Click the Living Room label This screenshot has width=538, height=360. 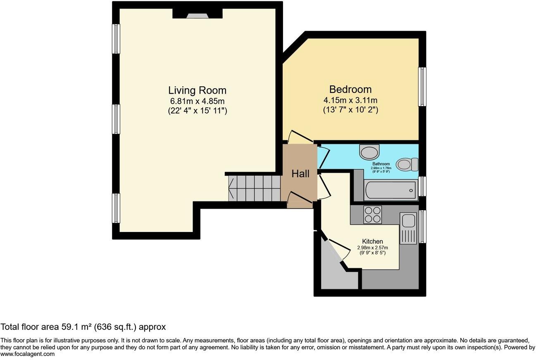pyautogui.click(x=197, y=90)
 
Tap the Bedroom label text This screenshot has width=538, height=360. pyautogui.click(x=350, y=89)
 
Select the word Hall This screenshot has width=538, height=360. pyautogui.click(x=300, y=174)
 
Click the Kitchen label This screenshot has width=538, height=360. pyautogui.click(x=372, y=241)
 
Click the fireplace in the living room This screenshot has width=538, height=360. pyautogui.click(x=198, y=15)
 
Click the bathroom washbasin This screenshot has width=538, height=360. pyautogui.click(x=369, y=152)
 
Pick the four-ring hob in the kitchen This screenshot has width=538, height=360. pyautogui.click(x=372, y=215)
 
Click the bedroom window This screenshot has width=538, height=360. pyautogui.click(x=422, y=87)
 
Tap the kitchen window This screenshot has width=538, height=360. pyautogui.click(x=422, y=226)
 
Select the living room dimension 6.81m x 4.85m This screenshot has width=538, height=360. pyautogui.click(x=197, y=101)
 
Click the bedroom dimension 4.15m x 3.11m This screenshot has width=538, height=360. pyautogui.click(x=350, y=100)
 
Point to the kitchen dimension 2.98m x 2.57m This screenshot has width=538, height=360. pyautogui.click(x=372, y=248)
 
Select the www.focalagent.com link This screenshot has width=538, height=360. pyautogui.click(x=27, y=354)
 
